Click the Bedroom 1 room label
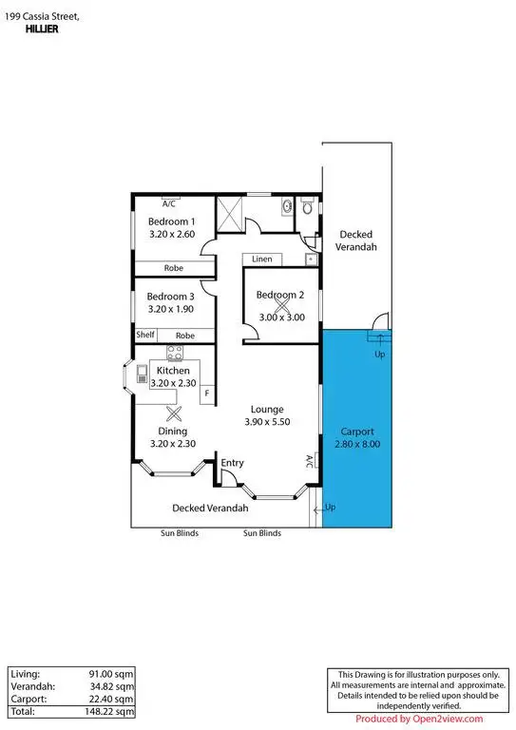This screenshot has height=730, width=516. click(x=172, y=221)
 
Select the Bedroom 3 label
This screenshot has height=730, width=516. click(x=172, y=296)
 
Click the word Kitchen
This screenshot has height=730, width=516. click(x=173, y=370)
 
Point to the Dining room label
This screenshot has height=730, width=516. click(x=173, y=431)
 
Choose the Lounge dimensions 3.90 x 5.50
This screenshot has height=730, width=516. click(x=267, y=421)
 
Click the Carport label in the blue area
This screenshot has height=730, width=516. click(x=356, y=431)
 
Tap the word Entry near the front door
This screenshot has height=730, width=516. click(x=232, y=463)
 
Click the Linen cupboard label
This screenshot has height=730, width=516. click(x=262, y=259)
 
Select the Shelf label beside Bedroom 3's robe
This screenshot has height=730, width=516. click(x=145, y=335)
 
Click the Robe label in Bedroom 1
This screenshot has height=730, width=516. click(x=173, y=268)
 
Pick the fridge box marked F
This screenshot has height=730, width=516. click(x=206, y=392)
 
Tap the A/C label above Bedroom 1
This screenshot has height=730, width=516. click(x=169, y=203)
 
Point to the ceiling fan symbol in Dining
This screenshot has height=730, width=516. click(x=173, y=413)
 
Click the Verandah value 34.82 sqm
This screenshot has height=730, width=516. click(x=115, y=685)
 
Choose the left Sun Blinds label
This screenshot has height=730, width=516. click(x=179, y=533)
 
